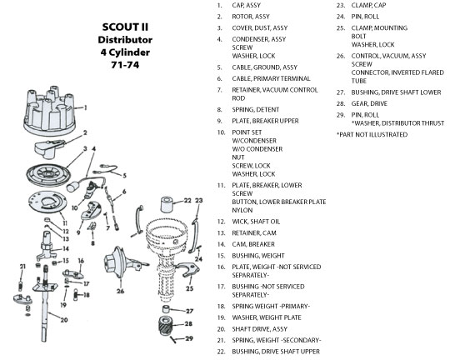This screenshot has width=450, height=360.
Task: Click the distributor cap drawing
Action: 49,111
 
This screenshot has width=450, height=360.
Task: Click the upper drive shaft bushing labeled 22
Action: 167,204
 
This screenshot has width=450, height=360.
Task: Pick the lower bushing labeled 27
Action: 166,309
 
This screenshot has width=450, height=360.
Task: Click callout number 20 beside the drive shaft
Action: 64,319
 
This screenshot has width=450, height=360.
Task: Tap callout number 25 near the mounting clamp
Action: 189,288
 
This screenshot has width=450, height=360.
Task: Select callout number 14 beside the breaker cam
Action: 66,248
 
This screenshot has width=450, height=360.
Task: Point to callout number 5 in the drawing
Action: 124,175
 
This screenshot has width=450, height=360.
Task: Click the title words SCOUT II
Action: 125,27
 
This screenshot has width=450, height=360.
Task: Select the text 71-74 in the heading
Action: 125,65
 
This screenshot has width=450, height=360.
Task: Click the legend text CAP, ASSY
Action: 246,5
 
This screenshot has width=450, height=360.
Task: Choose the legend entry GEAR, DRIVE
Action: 369,103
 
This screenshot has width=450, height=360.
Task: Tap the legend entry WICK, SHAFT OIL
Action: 256,222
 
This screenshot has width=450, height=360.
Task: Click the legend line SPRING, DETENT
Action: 256,110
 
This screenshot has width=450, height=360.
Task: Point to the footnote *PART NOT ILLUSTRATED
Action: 372,135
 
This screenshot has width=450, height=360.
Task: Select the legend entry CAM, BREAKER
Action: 253,244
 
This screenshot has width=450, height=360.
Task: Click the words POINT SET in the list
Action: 247,132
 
